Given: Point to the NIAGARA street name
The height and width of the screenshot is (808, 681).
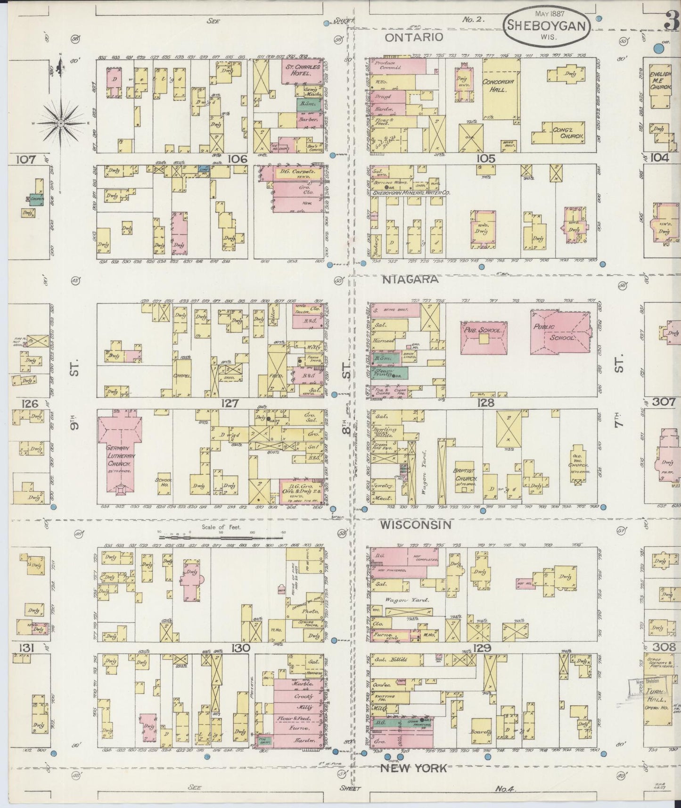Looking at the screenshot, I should click(410, 280).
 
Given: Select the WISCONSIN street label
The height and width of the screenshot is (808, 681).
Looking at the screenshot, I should click(416, 525).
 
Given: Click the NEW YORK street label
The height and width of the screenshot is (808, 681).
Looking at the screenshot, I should click(413, 768).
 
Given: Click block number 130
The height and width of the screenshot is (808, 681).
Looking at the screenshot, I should click(240, 648).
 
